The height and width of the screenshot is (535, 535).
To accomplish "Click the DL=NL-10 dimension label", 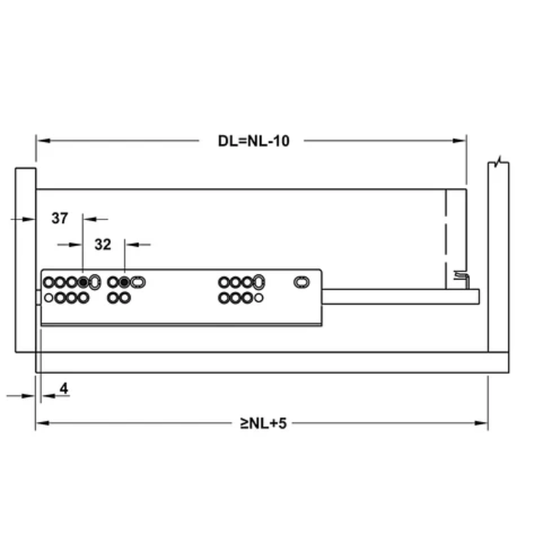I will pos(253,141).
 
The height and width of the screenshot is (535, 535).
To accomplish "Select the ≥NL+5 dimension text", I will pos(262,423).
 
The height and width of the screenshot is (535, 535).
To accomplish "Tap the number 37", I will pos(60,219).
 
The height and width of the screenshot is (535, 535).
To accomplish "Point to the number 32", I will pos(102,245).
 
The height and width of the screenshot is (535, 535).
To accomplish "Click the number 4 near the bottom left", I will pos(63,389).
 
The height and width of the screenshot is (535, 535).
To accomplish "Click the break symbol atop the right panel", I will pos(498,162).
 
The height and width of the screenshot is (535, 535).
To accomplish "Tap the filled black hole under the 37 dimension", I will pos(83,282).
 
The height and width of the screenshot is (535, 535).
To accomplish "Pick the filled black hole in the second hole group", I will pos(124,282).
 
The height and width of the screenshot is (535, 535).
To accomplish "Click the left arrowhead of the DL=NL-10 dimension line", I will pos(41,141).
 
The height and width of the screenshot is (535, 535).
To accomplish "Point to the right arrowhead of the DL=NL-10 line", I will pos(461,141).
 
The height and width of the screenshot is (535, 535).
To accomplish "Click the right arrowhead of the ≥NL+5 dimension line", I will pos(483,423).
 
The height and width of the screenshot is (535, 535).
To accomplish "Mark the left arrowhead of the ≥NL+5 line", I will pos(41,423).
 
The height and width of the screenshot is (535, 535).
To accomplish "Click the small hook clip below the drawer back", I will pos(459,277).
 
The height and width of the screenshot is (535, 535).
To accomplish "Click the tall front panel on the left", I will pos(25,260).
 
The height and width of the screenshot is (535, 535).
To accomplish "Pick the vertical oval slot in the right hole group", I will pos(259,282).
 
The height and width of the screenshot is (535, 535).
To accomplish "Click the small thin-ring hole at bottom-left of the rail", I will pos(48,297).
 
